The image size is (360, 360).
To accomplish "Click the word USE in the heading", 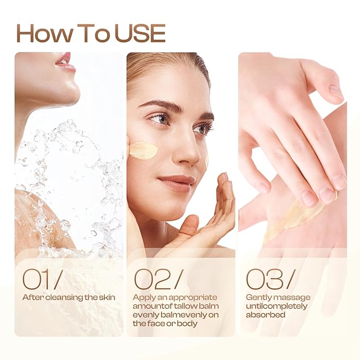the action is tap(140, 33).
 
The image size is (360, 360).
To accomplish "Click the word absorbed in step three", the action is tap(266, 314).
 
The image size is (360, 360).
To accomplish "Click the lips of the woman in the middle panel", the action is tap(176, 182).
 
